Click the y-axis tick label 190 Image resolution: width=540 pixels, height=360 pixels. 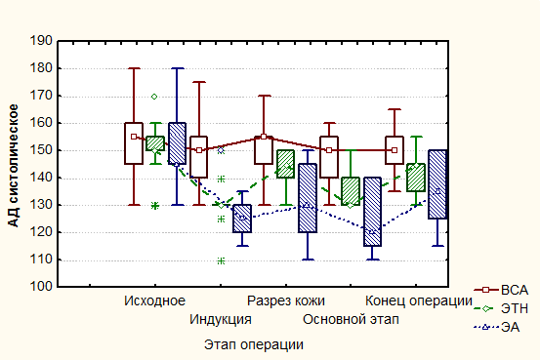[x=41, y=41]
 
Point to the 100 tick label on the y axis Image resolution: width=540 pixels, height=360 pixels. [x=41, y=287]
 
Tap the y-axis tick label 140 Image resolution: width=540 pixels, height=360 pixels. [x=41, y=178]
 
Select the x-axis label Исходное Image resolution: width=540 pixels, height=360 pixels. [x=154, y=300]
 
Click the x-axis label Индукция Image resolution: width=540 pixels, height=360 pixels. [x=221, y=319]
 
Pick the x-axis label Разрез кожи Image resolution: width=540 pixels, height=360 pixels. [x=286, y=300]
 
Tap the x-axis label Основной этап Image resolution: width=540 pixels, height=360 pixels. [x=351, y=319]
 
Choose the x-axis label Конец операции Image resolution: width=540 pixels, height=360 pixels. [x=419, y=300]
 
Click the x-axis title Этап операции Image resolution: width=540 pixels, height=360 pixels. [x=254, y=344]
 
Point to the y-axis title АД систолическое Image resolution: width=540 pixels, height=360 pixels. [x=13, y=166]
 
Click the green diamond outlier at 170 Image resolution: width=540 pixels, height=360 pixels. [x=154, y=97]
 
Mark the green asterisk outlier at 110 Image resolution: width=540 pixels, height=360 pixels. [x=221, y=260]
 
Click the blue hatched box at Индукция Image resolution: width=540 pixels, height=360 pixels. [x=242, y=219]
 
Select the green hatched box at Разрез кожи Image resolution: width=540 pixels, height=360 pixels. [x=285, y=164]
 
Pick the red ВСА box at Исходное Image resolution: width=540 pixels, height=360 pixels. [x=134, y=143]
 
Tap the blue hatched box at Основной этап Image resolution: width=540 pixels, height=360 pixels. [x=372, y=212]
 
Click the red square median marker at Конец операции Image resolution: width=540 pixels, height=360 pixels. [x=395, y=150]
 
